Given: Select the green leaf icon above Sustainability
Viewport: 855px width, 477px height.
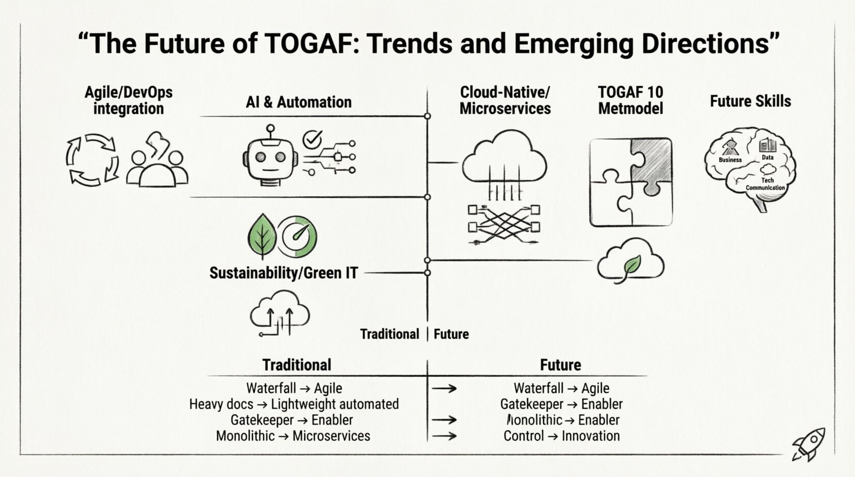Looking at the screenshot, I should [262, 236].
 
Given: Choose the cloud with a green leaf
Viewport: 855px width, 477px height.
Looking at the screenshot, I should [630, 261].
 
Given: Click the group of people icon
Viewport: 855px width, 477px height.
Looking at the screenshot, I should [157, 162].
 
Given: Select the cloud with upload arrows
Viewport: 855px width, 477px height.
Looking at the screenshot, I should [280, 312].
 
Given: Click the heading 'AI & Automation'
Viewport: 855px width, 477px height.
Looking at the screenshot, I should [299, 102].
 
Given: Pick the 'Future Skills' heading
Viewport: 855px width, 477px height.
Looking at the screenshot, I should [750, 101].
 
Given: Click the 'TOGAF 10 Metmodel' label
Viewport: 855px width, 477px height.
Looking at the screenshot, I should [630, 100].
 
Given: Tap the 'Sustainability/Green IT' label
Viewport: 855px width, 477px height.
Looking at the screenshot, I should [283, 272].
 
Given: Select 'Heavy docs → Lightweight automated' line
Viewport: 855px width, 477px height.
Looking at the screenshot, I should [293, 404].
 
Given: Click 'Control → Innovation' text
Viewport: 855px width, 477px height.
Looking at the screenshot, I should [561, 436].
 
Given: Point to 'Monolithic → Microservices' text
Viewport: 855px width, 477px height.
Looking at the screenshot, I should [293, 436].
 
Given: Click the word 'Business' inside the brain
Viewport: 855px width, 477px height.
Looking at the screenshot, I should [730, 160].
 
